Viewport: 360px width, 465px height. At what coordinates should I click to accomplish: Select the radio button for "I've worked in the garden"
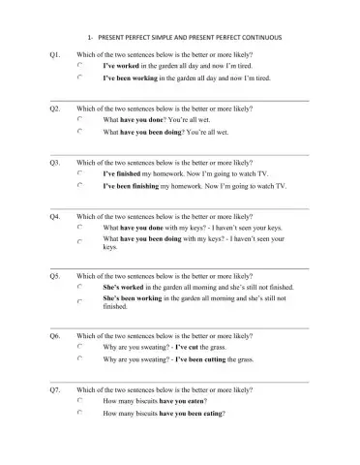click(x=80, y=66)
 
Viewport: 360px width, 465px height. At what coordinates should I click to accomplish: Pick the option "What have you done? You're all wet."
click(x=80, y=120)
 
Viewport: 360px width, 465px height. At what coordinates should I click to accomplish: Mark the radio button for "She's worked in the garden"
click(x=80, y=288)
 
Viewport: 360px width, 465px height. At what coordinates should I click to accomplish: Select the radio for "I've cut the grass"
click(x=80, y=347)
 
